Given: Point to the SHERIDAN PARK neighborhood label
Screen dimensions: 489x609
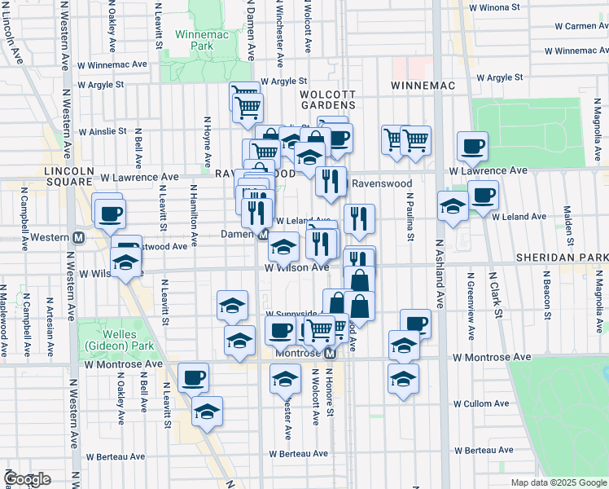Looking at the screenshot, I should tap(561, 257).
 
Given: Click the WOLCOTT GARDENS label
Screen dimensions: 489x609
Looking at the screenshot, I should tap(327, 99).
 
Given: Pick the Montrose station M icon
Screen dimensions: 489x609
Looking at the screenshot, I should tap(330, 355).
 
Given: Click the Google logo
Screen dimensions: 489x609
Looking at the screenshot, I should tap(27, 479).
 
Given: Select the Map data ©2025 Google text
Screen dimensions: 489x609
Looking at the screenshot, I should tap(558, 482).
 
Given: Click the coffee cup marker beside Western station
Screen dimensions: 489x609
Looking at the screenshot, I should tap(110, 214).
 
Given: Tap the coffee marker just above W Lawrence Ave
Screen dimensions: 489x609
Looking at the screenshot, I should tap(472, 146).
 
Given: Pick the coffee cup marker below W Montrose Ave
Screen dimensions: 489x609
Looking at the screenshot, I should tap(194, 377).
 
